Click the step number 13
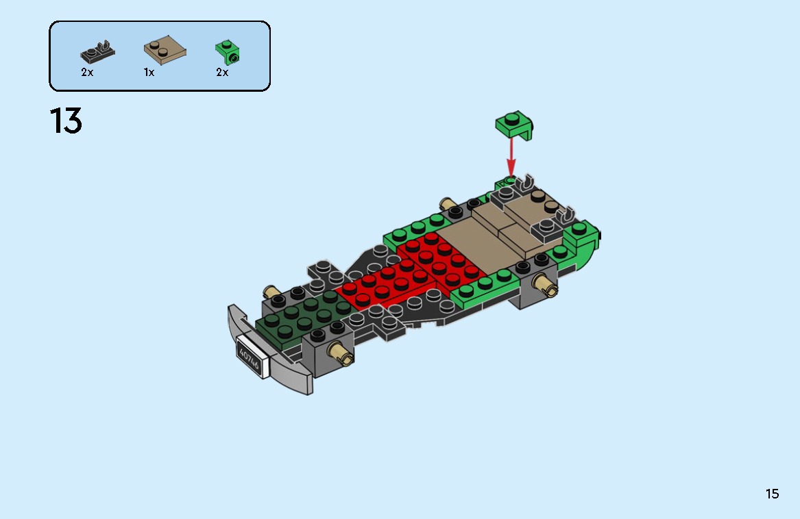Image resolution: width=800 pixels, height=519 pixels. click(66, 121)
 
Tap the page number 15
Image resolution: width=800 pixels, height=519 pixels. click(772, 494)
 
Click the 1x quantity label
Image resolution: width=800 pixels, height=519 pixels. click(149, 72)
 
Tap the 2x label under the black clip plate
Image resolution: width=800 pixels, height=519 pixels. click(87, 72)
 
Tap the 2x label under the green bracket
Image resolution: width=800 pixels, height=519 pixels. click(222, 72)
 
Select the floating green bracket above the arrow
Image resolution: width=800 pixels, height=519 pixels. click(516, 124)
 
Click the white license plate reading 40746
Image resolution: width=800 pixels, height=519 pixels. click(248, 355)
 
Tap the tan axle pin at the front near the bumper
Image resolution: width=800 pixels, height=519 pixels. click(340, 354)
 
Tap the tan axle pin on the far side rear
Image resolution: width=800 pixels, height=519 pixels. click(448, 203)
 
